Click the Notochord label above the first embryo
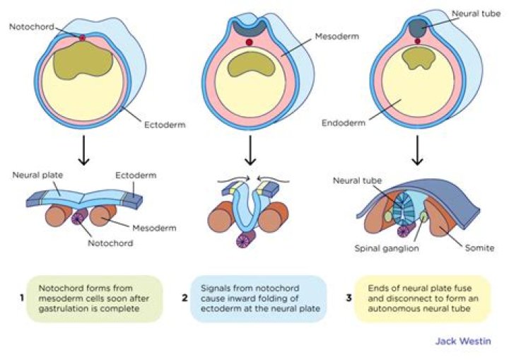(29, 26)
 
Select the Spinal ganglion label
(389, 248)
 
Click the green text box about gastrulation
(98, 298)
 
